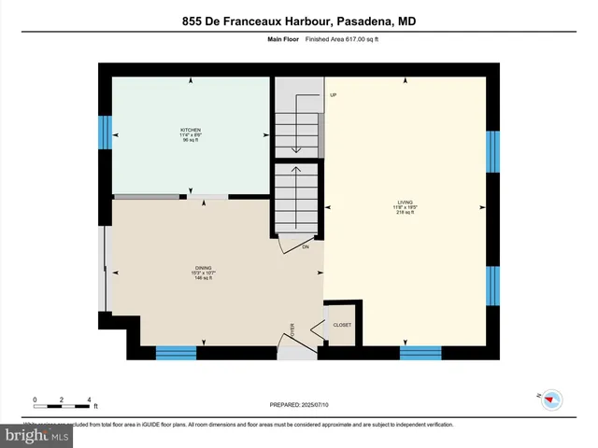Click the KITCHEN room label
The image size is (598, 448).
click(x=191, y=130)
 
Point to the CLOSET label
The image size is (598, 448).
click(x=343, y=325)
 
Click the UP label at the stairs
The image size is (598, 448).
click(x=332, y=95)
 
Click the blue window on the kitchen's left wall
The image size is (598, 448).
click(x=106, y=133)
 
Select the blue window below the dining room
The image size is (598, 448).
click(x=176, y=352)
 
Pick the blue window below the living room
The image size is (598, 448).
click(x=420, y=352)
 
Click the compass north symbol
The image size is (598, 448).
click(x=551, y=399)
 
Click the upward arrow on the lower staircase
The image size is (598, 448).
click(x=296, y=171)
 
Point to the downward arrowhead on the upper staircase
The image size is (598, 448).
click(x=296, y=148)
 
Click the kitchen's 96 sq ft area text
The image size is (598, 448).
click(x=191, y=139)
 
